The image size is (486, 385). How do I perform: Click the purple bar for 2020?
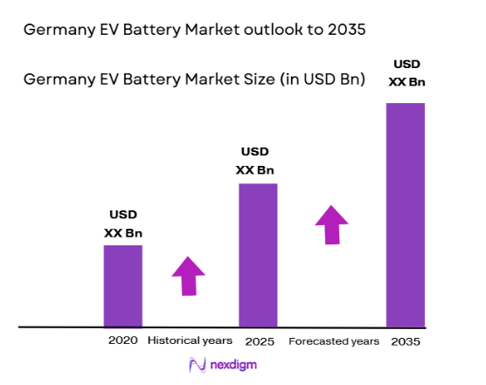122,286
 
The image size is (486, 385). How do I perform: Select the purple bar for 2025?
258,255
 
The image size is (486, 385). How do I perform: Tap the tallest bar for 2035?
405,215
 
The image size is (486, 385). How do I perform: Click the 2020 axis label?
122,340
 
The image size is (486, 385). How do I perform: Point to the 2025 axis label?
259,340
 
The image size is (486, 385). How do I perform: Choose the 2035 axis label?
406,341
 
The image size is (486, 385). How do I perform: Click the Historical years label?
190,340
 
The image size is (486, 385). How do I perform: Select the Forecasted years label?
334,340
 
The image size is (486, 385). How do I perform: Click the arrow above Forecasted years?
331,224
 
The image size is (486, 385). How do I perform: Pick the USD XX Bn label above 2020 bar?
123,223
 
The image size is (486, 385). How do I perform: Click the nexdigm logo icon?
197,365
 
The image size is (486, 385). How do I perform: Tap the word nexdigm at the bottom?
233,365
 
